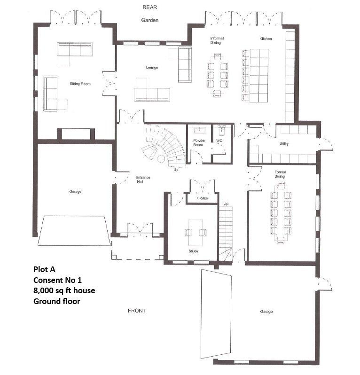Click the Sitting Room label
click(x=80, y=84)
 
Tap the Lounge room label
click(x=152, y=68)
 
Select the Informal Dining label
click(x=217, y=40)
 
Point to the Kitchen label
click(x=266, y=39)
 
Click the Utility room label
click(x=284, y=144)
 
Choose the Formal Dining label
click(x=280, y=174)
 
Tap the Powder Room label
click(x=199, y=142)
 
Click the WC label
click(x=219, y=141)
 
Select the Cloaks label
click(x=202, y=198)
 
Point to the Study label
click(x=193, y=251)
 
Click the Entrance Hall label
click(x=142, y=180)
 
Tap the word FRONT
click(x=137, y=311)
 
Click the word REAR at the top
click(x=150, y=7)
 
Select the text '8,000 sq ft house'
click(x=64, y=290)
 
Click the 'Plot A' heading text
click(x=44, y=269)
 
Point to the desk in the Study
click(x=196, y=233)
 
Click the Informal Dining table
click(x=218, y=75)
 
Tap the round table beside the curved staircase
click(x=161, y=158)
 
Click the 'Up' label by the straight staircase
click(x=226, y=203)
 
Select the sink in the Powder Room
click(x=199, y=131)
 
